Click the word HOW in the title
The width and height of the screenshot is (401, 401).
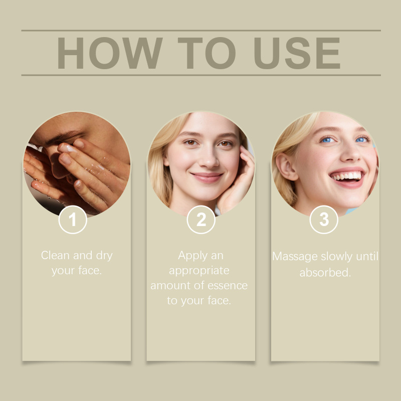pyautogui.click(x=110, y=53)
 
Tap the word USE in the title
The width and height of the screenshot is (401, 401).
pyautogui.click(x=297, y=53)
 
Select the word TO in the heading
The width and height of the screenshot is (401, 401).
pyautogui.click(x=207, y=53)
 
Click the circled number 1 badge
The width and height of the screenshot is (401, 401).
pyautogui.click(x=73, y=220)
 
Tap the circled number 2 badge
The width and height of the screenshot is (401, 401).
pyautogui.click(x=201, y=220)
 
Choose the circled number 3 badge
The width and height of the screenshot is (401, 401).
pyautogui.click(x=324, y=220)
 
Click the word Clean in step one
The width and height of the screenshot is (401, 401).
pyautogui.click(x=56, y=255)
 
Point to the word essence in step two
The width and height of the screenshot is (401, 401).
pyautogui.click(x=228, y=285)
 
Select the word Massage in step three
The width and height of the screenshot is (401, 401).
pyautogui.click(x=295, y=257)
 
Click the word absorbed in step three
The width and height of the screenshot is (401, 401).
pyautogui.click(x=325, y=272)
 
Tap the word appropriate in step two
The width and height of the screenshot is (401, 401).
pyautogui.click(x=199, y=271)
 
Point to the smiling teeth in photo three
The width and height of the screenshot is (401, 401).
pyautogui.click(x=347, y=176)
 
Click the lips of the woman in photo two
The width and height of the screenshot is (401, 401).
pyautogui.click(x=207, y=177)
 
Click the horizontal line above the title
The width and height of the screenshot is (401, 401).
pyautogui.click(x=201, y=31)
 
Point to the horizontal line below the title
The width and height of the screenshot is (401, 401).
pyautogui.click(x=201, y=75)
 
